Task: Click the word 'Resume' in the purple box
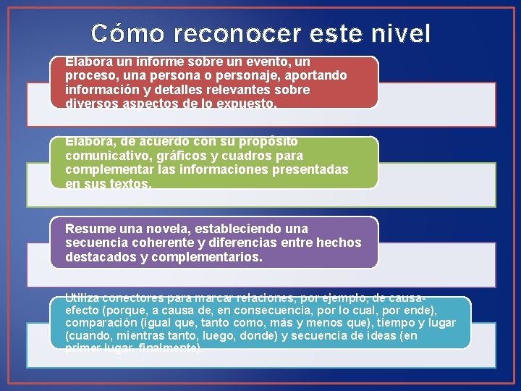[x=88, y=228]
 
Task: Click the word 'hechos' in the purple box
[x=340, y=243]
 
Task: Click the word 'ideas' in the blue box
[x=379, y=337]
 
